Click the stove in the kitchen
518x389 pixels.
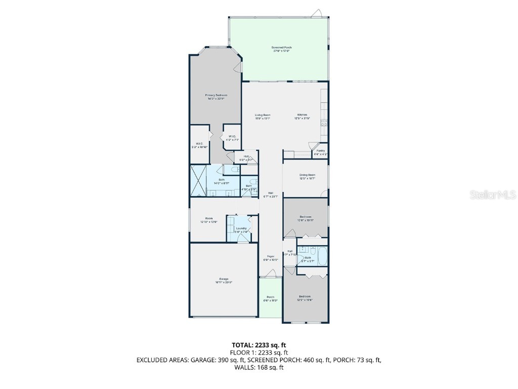coord(324,122)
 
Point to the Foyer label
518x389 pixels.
coord(271,258)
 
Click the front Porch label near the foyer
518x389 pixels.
coord(271,298)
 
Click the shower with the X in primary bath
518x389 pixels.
coord(198,181)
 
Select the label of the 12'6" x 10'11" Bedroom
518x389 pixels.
coord(305,218)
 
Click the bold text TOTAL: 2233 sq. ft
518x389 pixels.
coord(258,345)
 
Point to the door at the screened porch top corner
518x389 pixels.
coord(317,13)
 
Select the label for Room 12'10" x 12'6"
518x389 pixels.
coord(208,220)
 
